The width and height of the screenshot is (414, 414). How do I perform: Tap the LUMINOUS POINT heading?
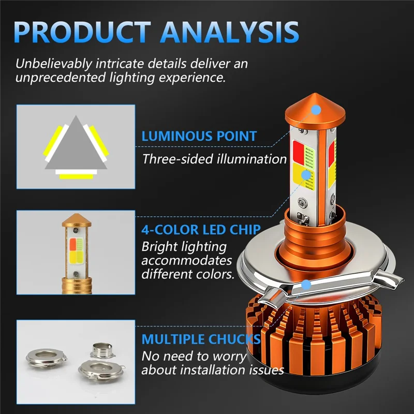tap(199, 137)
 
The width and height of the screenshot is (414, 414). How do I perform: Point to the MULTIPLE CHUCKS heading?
tap(201, 339)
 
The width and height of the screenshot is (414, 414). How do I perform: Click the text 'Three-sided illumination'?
tap(214, 158)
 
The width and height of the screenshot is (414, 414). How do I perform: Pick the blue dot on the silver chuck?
tap(306, 285)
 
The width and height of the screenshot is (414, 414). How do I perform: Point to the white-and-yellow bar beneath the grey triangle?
tap(76, 174)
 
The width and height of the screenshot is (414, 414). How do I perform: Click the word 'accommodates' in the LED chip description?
tap(186, 260)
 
